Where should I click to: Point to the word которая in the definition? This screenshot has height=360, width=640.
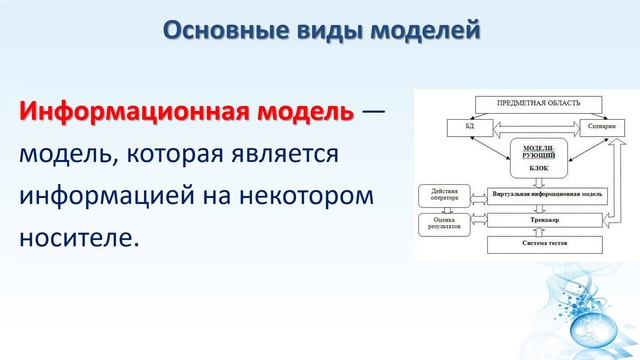click(172, 155)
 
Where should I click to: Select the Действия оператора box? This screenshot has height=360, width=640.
click(444, 193)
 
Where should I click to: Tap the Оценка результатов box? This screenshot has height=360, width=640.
click(444, 224)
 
